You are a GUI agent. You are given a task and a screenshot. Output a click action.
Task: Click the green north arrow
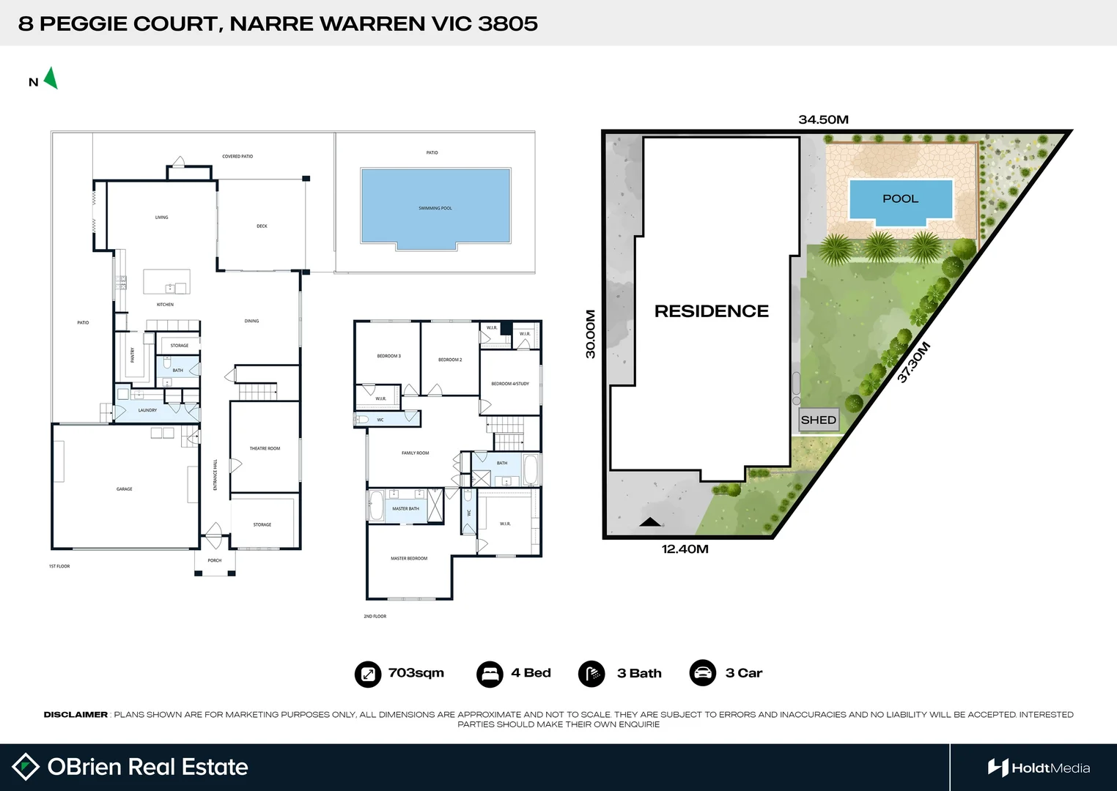[x=51, y=78]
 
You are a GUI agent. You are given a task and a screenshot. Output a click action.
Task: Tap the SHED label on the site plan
[x=818, y=420]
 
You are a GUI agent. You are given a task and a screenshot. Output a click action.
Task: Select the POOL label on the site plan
[x=900, y=198]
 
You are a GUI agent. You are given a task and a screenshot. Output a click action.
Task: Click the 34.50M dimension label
[x=823, y=119]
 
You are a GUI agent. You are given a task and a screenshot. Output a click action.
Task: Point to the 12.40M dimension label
[x=685, y=549]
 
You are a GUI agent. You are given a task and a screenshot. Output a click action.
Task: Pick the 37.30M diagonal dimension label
[x=913, y=363]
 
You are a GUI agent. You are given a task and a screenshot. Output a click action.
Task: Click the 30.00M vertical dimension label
[x=590, y=334]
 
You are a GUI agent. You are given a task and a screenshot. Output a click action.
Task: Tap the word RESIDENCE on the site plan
[x=711, y=311]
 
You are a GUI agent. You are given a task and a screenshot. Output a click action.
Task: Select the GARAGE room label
[x=125, y=489]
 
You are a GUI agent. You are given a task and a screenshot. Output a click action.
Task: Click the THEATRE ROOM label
[x=265, y=448]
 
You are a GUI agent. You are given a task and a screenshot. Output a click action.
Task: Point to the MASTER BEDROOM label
[x=409, y=558]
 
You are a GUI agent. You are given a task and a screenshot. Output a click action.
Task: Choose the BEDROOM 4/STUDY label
[x=510, y=384]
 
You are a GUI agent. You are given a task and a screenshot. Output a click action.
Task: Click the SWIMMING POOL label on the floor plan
[x=435, y=208]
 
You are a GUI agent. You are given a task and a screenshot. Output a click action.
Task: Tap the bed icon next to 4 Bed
[x=490, y=674]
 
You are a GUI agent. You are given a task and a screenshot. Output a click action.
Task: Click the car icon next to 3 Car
[x=703, y=673]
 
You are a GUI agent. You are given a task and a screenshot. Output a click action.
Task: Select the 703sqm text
[x=416, y=673]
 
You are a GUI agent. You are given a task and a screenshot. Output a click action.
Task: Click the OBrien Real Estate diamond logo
[x=26, y=767]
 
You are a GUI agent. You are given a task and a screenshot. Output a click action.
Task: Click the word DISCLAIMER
[x=75, y=715]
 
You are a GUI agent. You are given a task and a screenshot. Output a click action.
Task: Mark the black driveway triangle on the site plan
[x=651, y=522]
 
